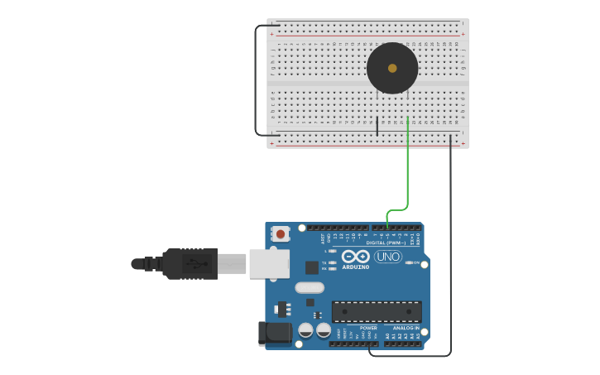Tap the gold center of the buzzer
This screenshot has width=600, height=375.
tap(392, 69)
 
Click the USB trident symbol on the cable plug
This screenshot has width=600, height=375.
tap(192, 264)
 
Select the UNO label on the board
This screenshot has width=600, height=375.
tap(387, 257)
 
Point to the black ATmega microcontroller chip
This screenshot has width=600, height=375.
tap(377, 311)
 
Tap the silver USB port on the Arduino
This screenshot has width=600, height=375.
tap(269, 263)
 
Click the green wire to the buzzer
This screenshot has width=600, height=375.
tap(407, 166)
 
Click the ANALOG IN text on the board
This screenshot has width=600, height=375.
tap(406, 328)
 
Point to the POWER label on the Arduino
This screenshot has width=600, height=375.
tap(368, 328)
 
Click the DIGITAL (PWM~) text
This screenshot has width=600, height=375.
tap(386, 243)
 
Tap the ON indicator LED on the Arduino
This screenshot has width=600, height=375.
tap(410, 262)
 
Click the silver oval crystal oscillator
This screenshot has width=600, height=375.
tap(309, 288)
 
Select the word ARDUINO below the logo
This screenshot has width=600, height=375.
tap(356, 267)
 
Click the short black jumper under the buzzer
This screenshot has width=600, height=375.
tap(377, 126)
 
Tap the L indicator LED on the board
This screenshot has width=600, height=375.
tap(333, 251)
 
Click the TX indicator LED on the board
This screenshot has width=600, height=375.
tap(333, 262)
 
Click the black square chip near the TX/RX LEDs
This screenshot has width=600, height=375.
tap(312, 267)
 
